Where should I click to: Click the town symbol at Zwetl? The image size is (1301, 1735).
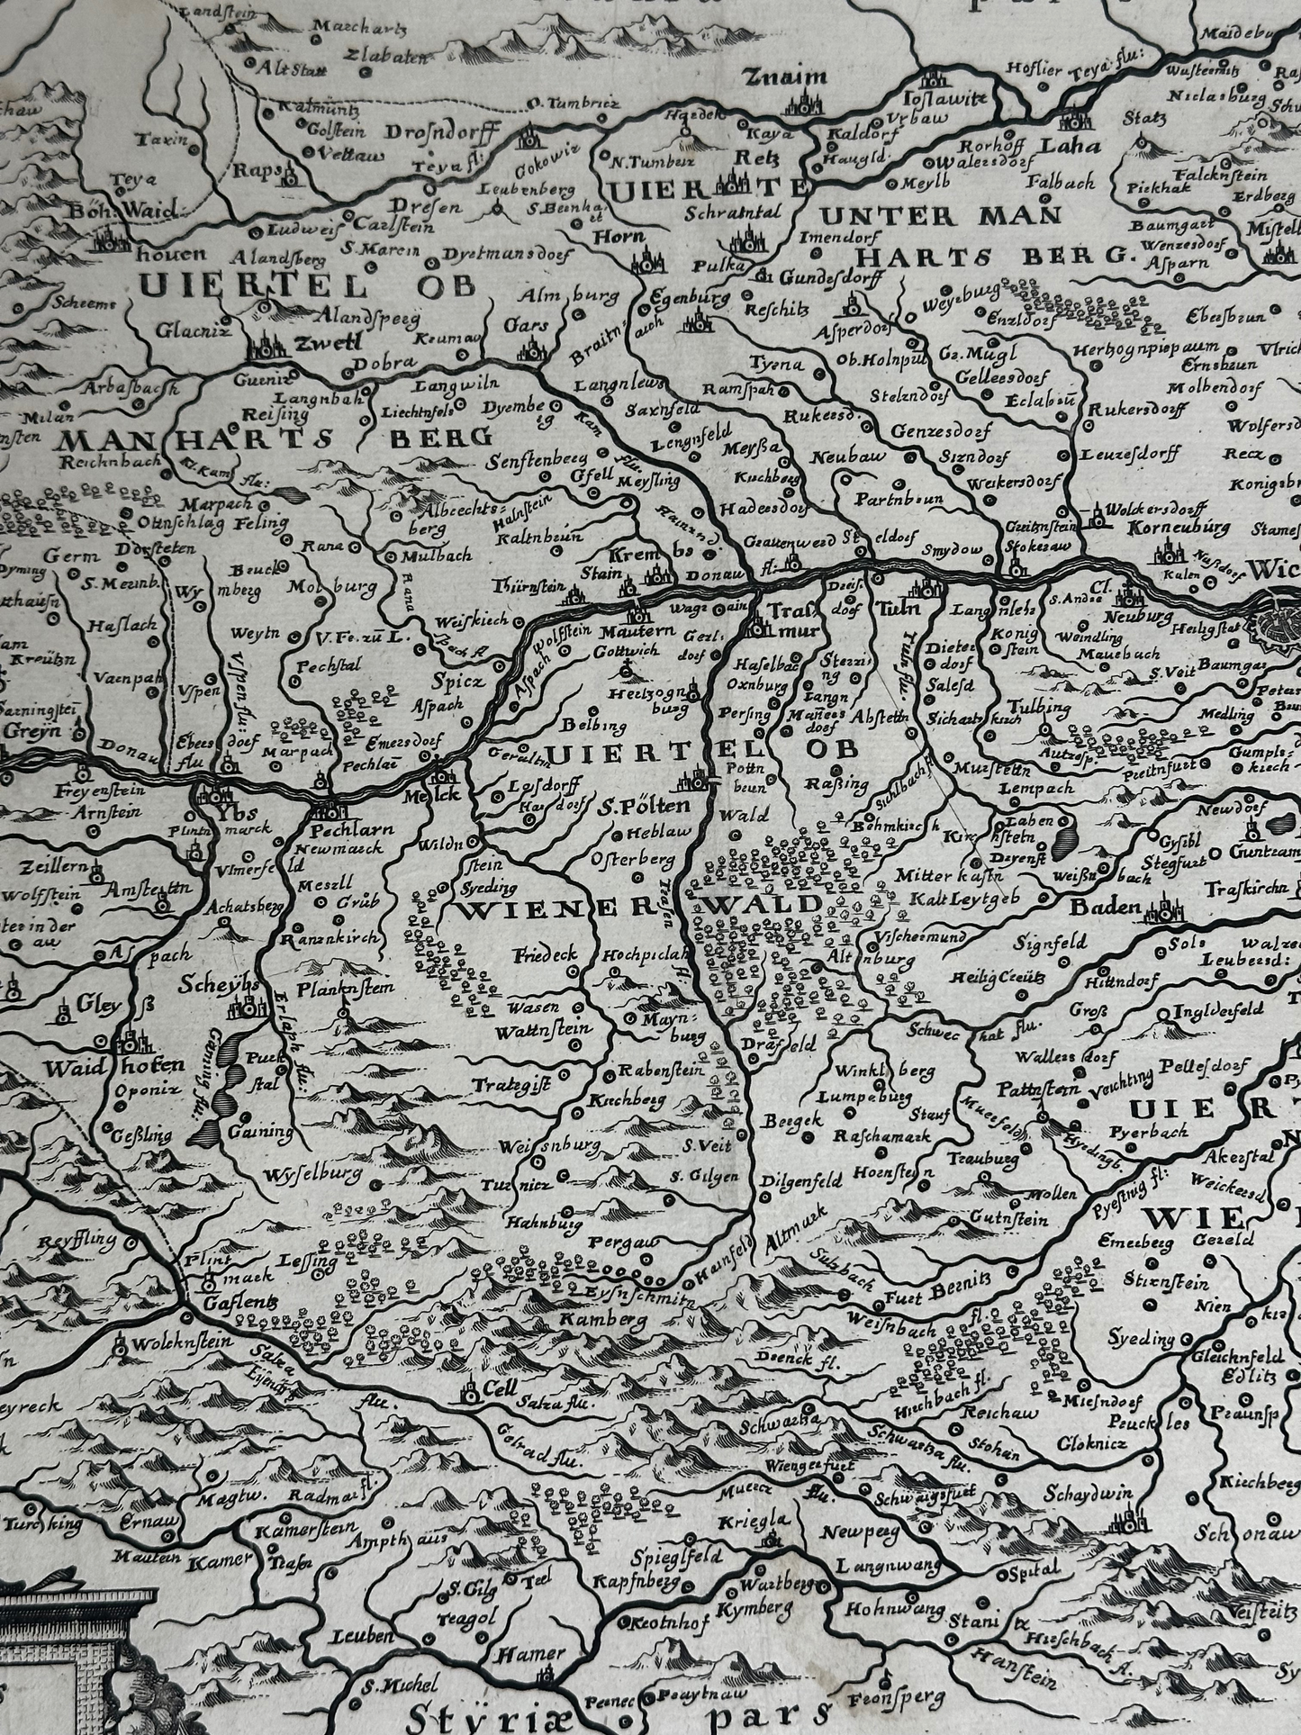point(267,342)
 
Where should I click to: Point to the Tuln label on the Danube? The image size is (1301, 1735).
point(907,610)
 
